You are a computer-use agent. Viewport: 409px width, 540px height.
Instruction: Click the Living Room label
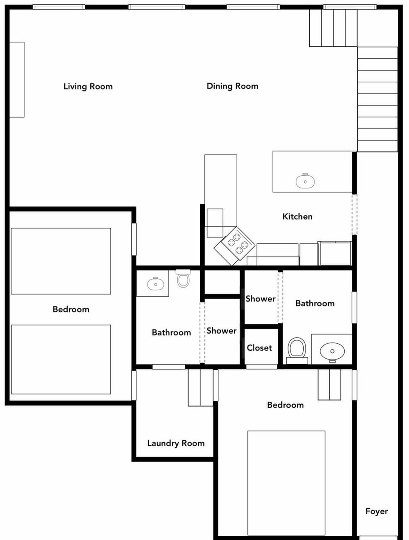click(88, 86)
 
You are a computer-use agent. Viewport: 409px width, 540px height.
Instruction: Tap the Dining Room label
click(232, 86)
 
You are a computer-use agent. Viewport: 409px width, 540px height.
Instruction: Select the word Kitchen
click(297, 217)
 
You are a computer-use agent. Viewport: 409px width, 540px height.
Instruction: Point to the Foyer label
click(377, 511)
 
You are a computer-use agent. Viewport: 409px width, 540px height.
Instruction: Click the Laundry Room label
click(176, 443)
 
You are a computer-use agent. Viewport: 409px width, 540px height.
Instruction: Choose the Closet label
click(259, 348)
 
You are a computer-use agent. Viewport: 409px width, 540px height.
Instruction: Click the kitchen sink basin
click(305, 182)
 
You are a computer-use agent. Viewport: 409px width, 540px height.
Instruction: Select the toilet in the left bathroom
click(183, 279)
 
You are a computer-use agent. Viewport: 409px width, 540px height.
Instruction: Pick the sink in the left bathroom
click(156, 283)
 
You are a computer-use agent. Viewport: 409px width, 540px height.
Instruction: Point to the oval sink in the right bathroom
click(332, 352)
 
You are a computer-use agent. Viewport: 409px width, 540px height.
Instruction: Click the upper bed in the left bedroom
click(61, 261)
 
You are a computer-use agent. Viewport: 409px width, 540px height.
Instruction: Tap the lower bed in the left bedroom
click(61, 359)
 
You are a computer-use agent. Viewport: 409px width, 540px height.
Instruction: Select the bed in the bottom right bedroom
click(286, 483)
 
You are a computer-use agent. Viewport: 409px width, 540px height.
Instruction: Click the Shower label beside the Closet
click(260, 299)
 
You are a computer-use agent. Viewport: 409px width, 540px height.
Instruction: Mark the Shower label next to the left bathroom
click(222, 331)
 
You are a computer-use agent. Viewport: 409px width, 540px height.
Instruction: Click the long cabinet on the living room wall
click(17, 80)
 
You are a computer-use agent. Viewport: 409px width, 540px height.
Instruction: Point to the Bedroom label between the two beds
click(71, 309)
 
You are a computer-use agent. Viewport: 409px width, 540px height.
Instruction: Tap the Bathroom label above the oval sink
click(315, 303)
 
